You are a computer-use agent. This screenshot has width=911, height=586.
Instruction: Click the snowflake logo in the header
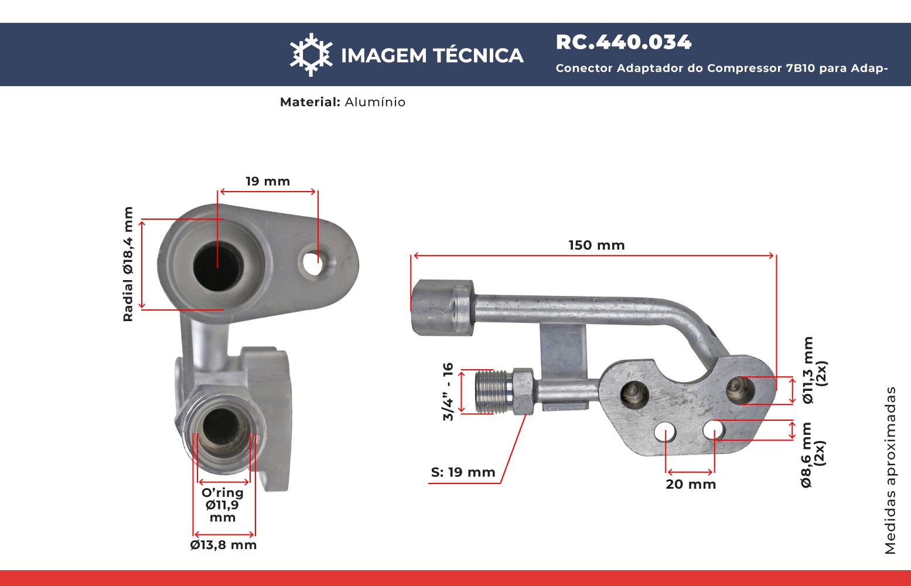point(311,55)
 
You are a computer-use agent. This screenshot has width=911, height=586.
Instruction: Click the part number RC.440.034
point(623,42)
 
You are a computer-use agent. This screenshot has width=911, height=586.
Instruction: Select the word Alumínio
point(375,102)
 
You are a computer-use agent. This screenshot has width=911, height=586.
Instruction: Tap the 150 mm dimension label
point(596,245)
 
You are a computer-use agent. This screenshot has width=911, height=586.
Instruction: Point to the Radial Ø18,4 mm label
point(128,264)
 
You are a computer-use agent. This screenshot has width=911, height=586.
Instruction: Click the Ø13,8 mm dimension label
point(223,545)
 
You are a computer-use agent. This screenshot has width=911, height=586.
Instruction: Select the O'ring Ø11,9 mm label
point(223,505)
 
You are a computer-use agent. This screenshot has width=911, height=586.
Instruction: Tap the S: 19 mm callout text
point(463,472)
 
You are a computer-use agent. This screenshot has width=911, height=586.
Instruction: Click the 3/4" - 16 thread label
point(448,391)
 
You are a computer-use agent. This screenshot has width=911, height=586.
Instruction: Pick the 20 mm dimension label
point(691,485)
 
